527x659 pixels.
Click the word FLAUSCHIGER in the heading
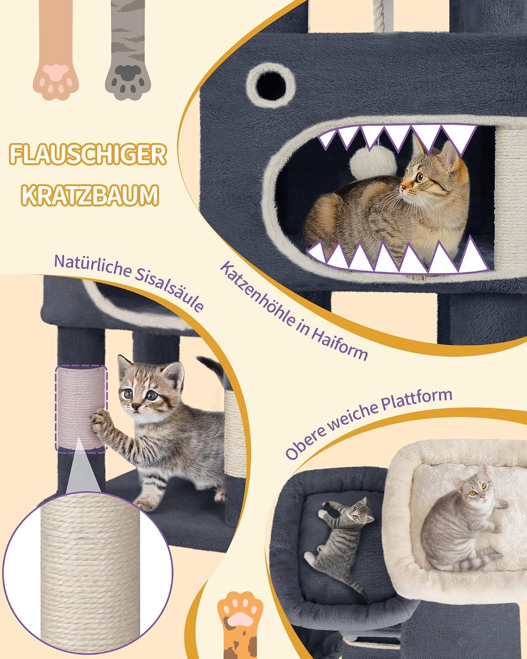(x=88, y=155)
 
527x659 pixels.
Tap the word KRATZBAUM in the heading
(x=90, y=195)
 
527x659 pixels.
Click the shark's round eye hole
(x=271, y=85)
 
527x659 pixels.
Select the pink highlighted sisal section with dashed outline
(x=81, y=409)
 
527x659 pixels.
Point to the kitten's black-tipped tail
(x=211, y=367)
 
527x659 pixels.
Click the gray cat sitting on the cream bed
(x=462, y=526)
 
